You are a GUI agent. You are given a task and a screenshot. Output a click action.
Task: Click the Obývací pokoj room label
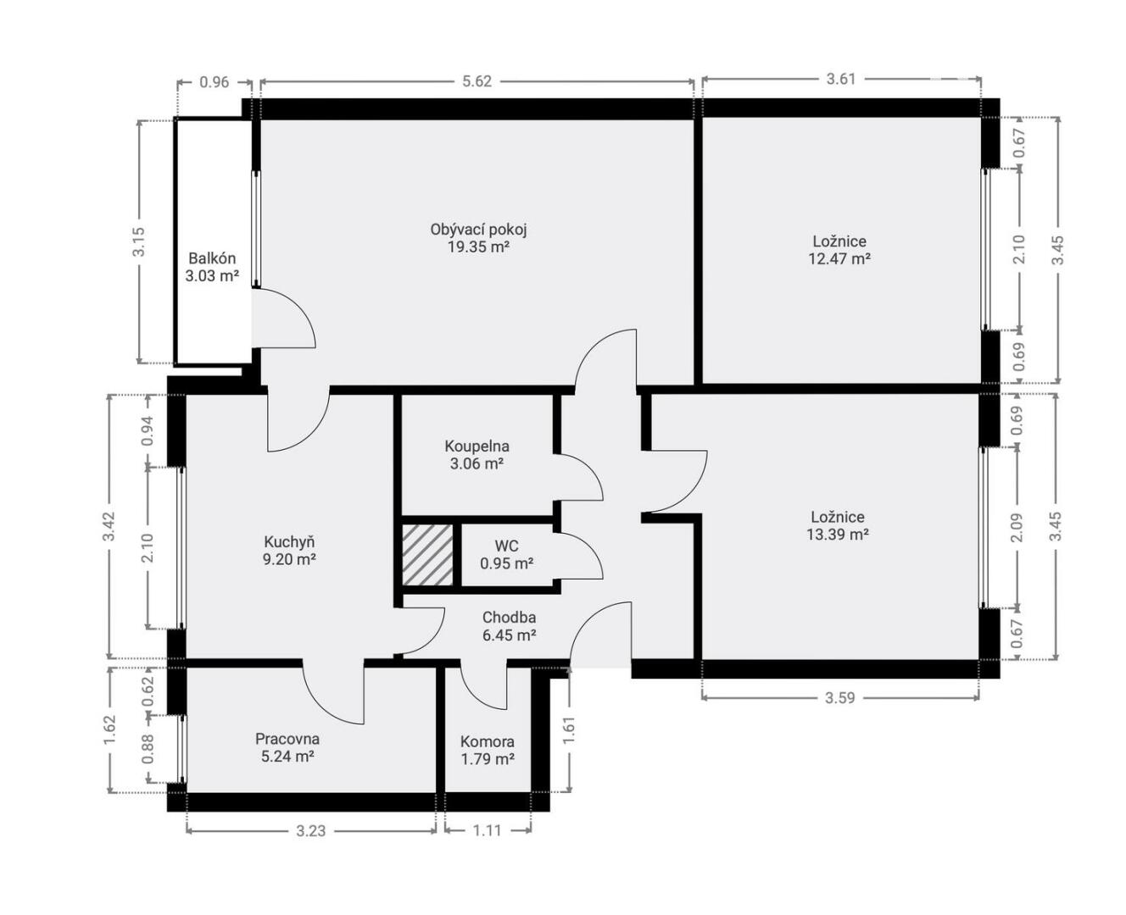click(478, 230)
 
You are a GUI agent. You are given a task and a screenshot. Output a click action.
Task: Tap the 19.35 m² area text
click(478, 247)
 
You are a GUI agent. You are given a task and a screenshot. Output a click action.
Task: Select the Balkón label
click(212, 258)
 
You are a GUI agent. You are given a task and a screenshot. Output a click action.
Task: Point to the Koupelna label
click(477, 446)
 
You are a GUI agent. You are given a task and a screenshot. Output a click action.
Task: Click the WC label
click(506, 546)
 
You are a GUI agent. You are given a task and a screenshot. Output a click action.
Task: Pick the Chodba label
click(509, 617)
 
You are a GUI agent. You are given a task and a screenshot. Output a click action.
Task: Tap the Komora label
click(488, 741)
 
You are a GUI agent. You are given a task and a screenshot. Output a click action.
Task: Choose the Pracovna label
click(287, 739)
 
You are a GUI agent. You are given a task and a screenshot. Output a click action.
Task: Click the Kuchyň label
click(289, 541)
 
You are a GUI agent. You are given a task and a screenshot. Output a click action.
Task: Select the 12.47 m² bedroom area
click(839, 259)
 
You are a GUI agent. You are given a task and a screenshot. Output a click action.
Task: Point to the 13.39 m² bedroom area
click(838, 535)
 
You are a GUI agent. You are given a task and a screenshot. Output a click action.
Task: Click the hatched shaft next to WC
click(427, 555)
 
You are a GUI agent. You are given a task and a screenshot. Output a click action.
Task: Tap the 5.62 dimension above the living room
click(477, 81)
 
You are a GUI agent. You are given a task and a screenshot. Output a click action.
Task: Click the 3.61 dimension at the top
click(841, 80)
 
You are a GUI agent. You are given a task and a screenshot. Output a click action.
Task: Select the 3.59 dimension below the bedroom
click(840, 698)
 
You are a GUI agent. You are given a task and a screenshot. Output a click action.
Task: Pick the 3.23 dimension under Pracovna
click(311, 831)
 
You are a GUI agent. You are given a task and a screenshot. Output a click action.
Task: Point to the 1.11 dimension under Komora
click(487, 830)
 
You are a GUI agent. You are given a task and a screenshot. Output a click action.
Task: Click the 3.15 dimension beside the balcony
click(139, 241)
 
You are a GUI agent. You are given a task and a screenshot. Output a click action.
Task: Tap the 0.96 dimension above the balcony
click(215, 82)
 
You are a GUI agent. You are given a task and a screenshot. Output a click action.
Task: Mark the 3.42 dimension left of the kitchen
click(109, 526)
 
